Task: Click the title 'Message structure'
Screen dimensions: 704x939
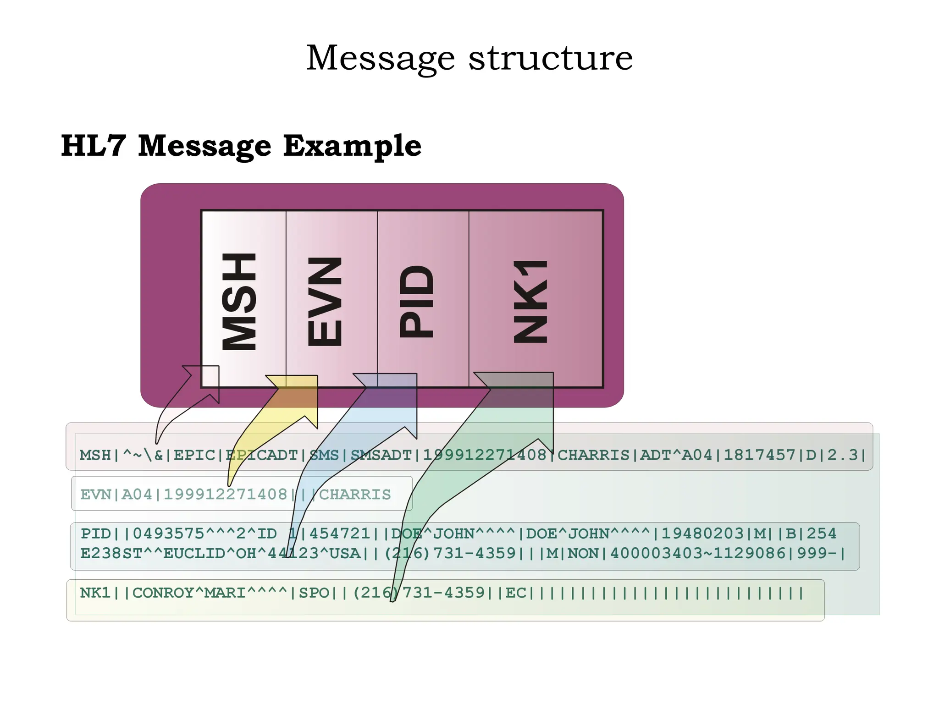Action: [469, 59]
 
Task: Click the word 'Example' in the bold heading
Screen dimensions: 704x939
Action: [352, 146]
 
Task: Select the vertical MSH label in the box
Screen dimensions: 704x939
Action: [239, 301]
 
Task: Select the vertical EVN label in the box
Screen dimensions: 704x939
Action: [325, 301]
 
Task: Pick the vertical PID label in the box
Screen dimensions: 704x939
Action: [416, 301]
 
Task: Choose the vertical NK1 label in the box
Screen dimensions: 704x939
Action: [531, 301]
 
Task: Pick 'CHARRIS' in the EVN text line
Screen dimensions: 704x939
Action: [355, 495]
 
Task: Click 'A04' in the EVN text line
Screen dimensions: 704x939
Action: [137, 495]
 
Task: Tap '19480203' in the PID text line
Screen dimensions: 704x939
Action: [703, 533]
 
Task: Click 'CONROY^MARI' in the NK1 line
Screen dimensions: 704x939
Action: [189, 593]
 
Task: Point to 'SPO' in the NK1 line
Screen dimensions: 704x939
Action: [314, 593]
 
